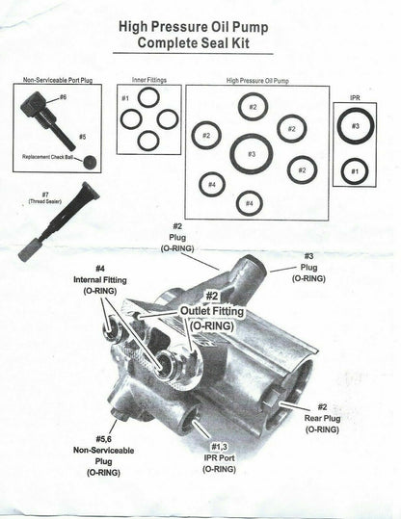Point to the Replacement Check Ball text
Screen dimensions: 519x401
coord(49,155)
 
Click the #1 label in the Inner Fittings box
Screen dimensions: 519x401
coord(125,98)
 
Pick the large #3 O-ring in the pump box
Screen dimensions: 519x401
coord(251,153)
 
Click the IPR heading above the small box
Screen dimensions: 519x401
coord(354,98)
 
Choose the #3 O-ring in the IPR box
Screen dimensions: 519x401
coord(355,126)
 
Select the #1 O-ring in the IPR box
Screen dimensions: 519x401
coord(355,171)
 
